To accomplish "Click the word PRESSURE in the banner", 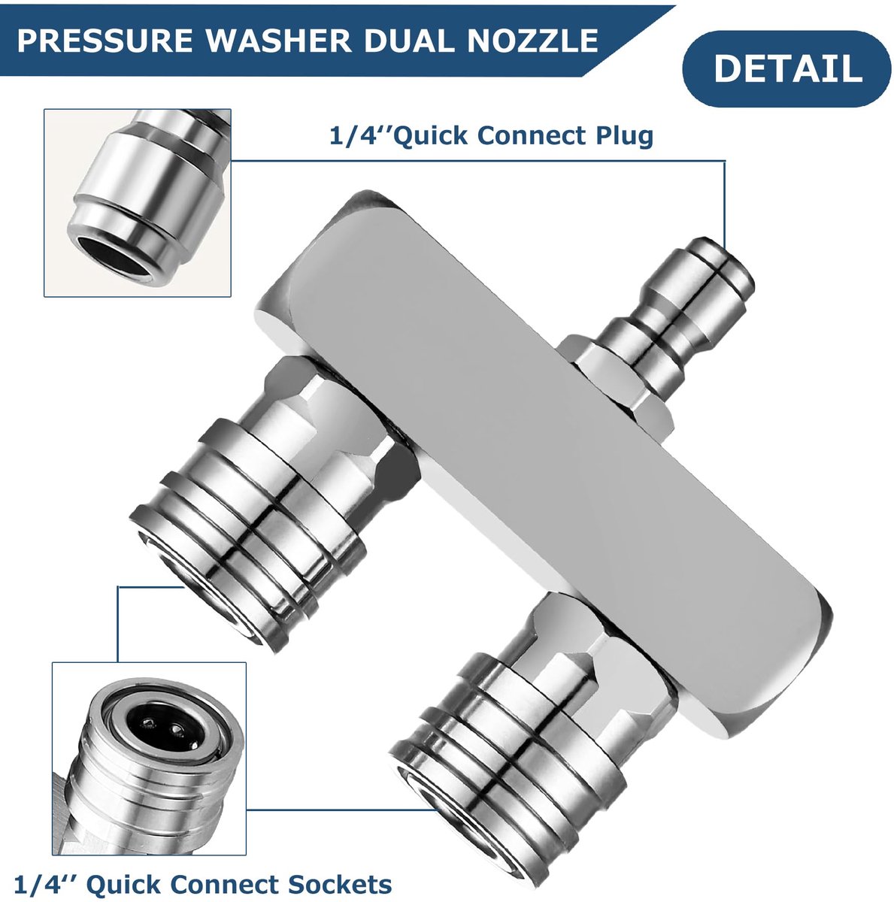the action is coord(105,41).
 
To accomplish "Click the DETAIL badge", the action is coord(786,69).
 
